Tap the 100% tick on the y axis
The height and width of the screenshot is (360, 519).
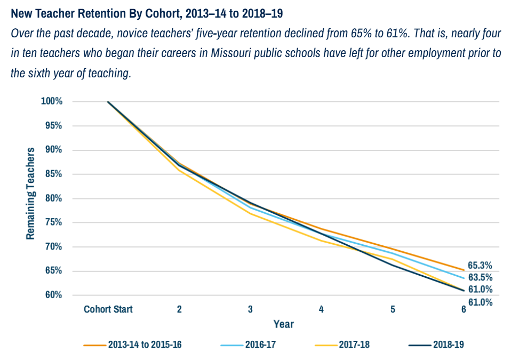click(x=52, y=101)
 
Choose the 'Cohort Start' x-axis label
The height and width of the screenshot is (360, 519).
click(x=108, y=309)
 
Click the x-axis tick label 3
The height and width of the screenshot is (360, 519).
click(x=250, y=309)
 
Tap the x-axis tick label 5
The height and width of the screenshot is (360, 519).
click(x=393, y=309)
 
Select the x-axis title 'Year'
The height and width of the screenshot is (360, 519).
click(x=283, y=324)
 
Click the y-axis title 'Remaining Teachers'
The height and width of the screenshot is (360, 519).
click(x=30, y=194)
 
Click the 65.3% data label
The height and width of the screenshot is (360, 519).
click(x=480, y=266)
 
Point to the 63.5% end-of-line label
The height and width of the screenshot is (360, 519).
click(x=480, y=277)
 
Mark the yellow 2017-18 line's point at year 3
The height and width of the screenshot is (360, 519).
click(x=250, y=213)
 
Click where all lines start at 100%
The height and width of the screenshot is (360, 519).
click(x=108, y=101)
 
